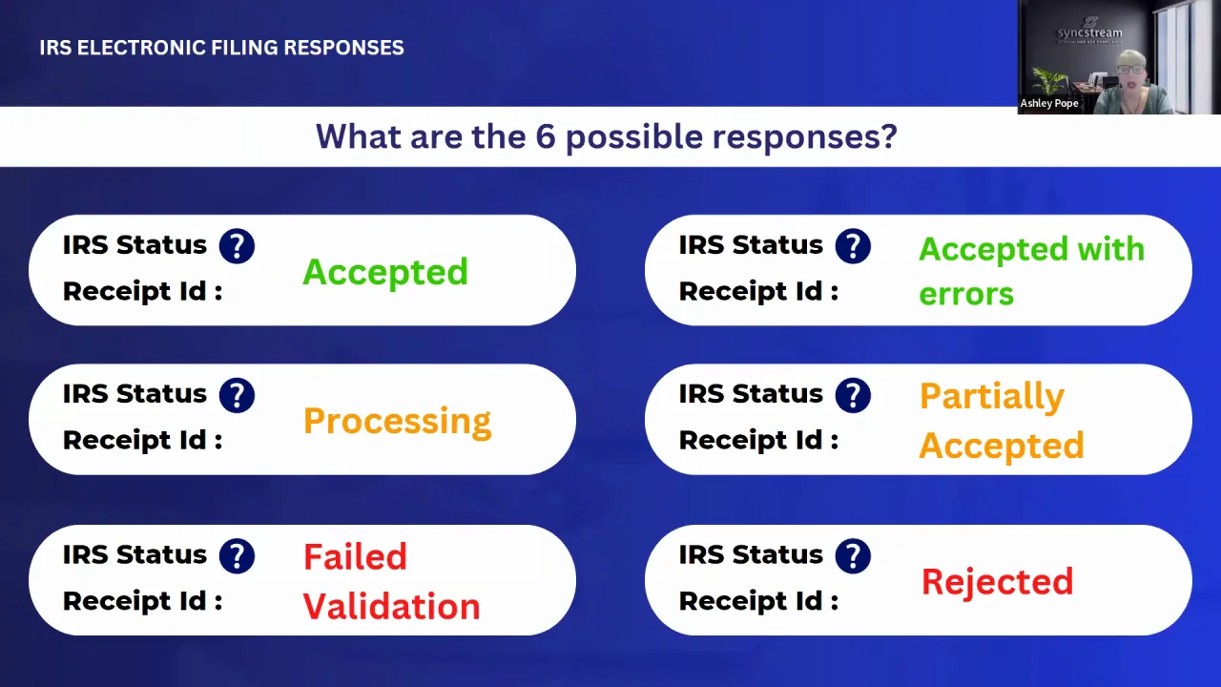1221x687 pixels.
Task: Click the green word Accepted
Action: click(x=385, y=272)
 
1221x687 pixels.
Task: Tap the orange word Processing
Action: click(x=398, y=421)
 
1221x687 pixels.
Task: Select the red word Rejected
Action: click(x=997, y=582)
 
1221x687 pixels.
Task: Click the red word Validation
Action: click(x=391, y=606)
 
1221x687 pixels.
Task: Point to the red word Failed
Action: click(x=355, y=556)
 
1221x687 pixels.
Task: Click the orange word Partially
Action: click(x=991, y=397)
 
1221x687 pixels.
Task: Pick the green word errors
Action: click(x=966, y=295)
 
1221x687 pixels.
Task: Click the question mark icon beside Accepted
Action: click(x=237, y=246)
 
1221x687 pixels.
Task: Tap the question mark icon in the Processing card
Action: click(x=237, y=395)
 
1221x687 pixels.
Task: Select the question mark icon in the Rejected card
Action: click(x=853, y=556)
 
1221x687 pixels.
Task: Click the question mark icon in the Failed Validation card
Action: click(x=237, y=556)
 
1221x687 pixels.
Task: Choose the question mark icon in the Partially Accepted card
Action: click(x=853, y=395)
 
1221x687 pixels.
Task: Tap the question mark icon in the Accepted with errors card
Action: click(x=853, y=246)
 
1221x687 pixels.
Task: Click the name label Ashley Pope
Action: click(x=1048, y=103)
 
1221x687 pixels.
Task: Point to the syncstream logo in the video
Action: click(x=1089, y=31)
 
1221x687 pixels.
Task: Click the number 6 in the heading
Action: click(x=545, y=136)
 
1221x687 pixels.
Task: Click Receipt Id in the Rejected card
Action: click(x=758, y=601)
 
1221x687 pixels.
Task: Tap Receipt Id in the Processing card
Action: click(x=142, y=441)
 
